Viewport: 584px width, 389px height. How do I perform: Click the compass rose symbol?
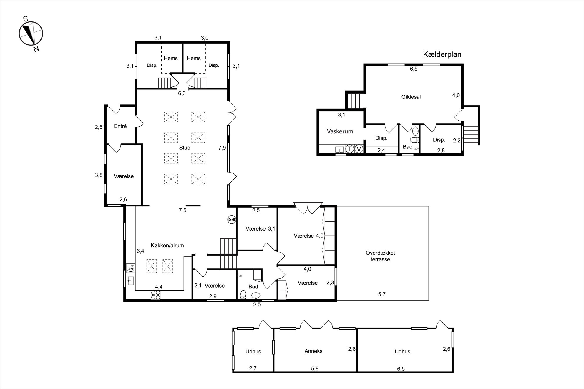pyautogui.click(x=31, y=33)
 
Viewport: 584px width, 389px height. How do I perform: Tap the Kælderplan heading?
pyautogui.click(x=442, y=54)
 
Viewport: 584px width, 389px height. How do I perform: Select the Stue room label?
pyautogui.click(x=185, y=148)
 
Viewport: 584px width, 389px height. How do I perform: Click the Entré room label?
pyautogui.click(x=120, y=126)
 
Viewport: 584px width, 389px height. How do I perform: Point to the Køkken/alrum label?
pyautogui.click(x=167, y=246)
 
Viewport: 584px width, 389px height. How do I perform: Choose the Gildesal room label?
pyautogui.click(x=411, y=97)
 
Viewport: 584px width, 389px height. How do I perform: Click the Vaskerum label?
pyautogui.click(x=340, y=131)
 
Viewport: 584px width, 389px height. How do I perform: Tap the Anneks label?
pyautogui.click(x=313, y=351)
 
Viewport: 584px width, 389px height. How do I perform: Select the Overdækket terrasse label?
pyautogui.click(x=380, y=256)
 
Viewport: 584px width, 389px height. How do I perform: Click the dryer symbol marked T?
pyautogui.click(x=349, y=149)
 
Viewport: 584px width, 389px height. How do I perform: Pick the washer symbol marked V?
pyautogui.click(x=359, y=149)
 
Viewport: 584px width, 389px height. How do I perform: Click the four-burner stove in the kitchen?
pyautogui.click(x=155, y=295)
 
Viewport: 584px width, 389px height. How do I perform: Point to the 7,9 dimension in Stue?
pyautogui.click(x=222, y=148)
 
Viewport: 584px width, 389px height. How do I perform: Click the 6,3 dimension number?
pyautogui.click(x=182, y=94)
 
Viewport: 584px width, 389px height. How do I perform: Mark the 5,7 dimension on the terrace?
pyautogui.click(x=382, y=294)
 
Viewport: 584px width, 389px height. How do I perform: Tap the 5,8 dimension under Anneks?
pyautogui.click(x=315, y=369)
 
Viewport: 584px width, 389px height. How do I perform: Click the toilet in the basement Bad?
pyautogui.click(x=415, y=140)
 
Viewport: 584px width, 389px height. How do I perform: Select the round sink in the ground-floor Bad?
pyautogui.click(x=256, y=295)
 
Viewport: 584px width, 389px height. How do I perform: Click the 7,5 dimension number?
pyautogui.click(x=182, y=210)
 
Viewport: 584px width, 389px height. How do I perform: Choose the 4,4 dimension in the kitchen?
pyautogui.click(x=159, y=287)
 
